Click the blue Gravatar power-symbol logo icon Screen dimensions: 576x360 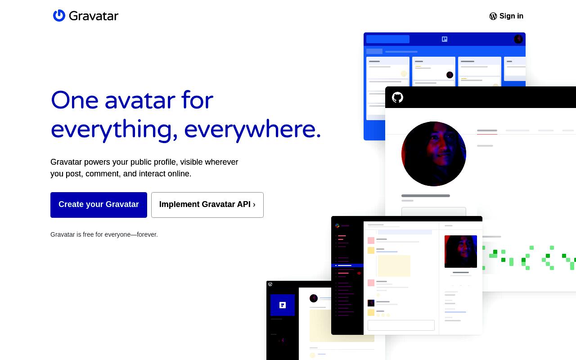click(59, 16)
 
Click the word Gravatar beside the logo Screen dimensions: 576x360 click(94, 16)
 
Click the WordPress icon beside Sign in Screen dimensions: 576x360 click(493, 16)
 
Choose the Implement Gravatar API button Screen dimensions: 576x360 click(207, 205)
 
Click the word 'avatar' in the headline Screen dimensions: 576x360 click(140, 100)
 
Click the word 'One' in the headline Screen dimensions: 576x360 click(75, 100)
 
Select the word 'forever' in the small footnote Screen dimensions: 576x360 click(147, 234)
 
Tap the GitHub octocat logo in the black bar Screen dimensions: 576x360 click(397, 98)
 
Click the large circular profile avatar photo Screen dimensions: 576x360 click(434, 154)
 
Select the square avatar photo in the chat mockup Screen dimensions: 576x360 click(461, 252)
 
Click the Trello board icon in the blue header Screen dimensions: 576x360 click(445, 39)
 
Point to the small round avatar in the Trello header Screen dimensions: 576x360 click(518, 39)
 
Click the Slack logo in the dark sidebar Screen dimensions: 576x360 click(337, 226)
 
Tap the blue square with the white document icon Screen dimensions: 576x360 click(283, 305)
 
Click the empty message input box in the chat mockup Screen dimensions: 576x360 click(401, 325)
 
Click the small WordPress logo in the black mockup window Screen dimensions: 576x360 click(270, 284)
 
